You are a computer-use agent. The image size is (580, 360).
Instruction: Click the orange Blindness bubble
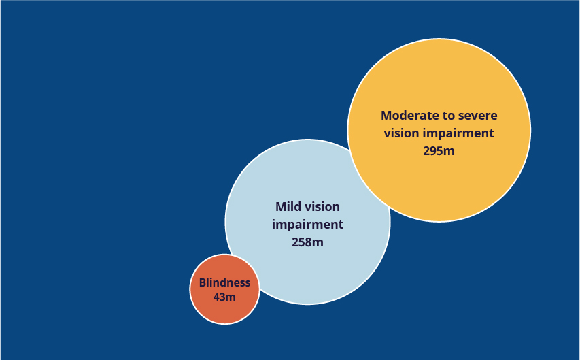pos(224,289)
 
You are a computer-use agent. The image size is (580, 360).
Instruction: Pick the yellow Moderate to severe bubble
pos(439,130)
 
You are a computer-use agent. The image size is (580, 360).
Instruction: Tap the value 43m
pos(224,297)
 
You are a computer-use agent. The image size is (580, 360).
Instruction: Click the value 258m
pos(307,242)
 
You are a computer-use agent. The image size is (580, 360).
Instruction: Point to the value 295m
pos(439,151)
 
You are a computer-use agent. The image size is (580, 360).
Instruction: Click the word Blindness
pos(224,282)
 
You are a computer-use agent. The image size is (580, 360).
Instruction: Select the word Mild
pos(287,207)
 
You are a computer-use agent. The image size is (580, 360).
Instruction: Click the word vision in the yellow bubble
pos(401,133)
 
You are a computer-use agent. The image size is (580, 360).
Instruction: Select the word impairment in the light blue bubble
pos(307,225)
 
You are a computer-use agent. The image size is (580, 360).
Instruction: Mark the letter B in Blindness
pos(203,282)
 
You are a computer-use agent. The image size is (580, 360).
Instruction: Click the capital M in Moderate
pos(386,116)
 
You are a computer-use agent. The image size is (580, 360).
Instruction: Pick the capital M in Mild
pos(281,207)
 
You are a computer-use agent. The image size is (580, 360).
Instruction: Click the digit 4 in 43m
pos(217,297)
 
